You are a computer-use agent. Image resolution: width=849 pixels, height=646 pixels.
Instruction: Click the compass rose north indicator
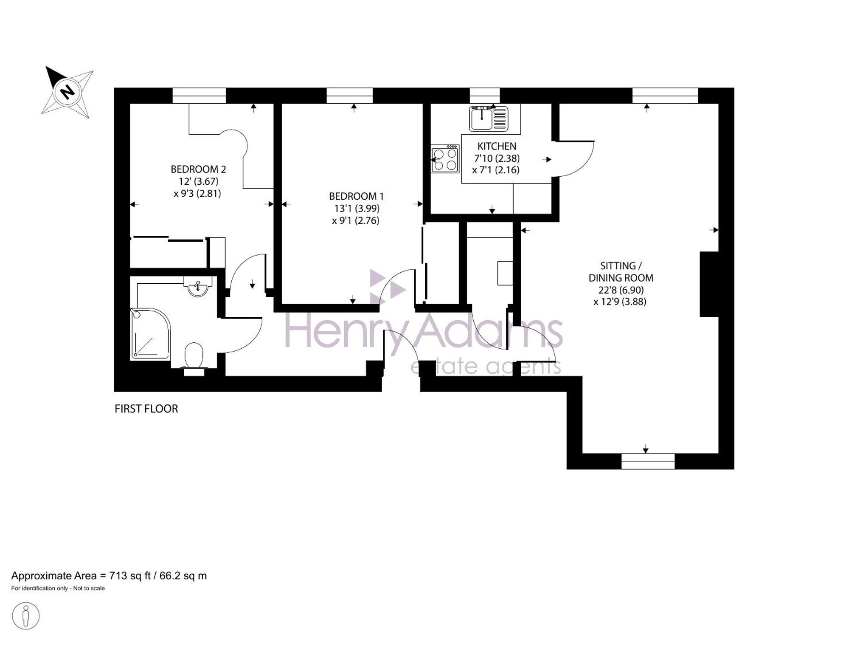tap(67, 92)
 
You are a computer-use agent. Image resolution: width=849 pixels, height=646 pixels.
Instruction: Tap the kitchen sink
tap(488, 118)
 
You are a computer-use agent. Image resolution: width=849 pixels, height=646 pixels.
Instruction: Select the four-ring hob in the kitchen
tap(445, 159)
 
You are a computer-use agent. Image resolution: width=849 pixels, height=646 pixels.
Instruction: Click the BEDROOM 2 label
tap(198, 169)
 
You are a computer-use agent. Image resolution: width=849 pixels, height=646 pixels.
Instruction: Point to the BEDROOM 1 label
tap(356, 196)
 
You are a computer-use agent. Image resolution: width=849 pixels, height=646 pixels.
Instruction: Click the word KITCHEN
tap(497, 146)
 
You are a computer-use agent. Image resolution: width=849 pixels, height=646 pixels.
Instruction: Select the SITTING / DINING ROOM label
tap(621, 272)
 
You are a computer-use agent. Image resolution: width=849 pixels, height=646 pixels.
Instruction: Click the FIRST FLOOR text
tap(146, 409)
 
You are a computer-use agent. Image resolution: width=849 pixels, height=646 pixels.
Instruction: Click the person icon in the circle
tap(26, 615)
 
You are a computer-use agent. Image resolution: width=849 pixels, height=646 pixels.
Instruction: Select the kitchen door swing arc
tap(582, 163)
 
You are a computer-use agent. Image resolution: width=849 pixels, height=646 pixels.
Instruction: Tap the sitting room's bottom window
tap(648, 461)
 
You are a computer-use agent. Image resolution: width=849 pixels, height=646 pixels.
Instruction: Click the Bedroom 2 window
tap(199, 96)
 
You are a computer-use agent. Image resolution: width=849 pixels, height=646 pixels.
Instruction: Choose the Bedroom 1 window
tap(349, 96)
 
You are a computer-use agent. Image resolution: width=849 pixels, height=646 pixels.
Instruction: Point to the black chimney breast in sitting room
tap(709, 284)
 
